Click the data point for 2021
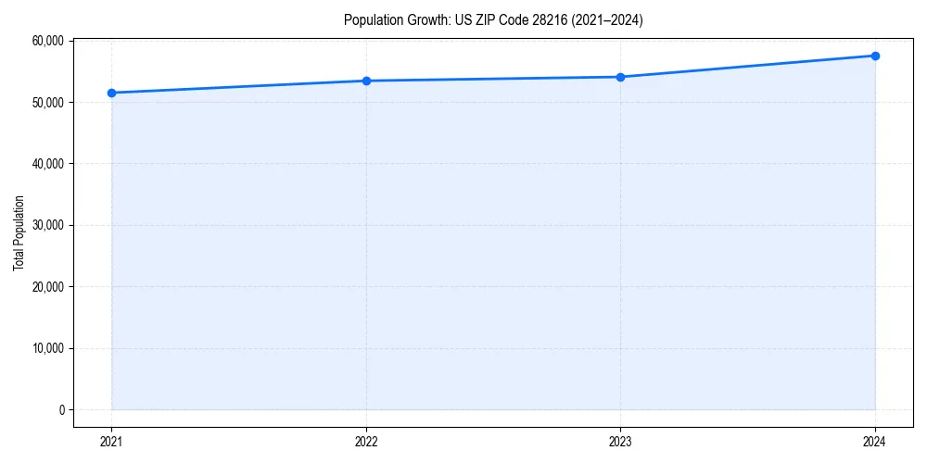111,93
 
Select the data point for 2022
366,81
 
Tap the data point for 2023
620,77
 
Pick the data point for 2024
875,56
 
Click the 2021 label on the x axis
111,442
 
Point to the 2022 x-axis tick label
366,442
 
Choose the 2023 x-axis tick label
620,442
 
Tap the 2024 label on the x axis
875,442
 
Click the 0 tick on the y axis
61,410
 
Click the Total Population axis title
19,232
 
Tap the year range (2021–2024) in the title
604,19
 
